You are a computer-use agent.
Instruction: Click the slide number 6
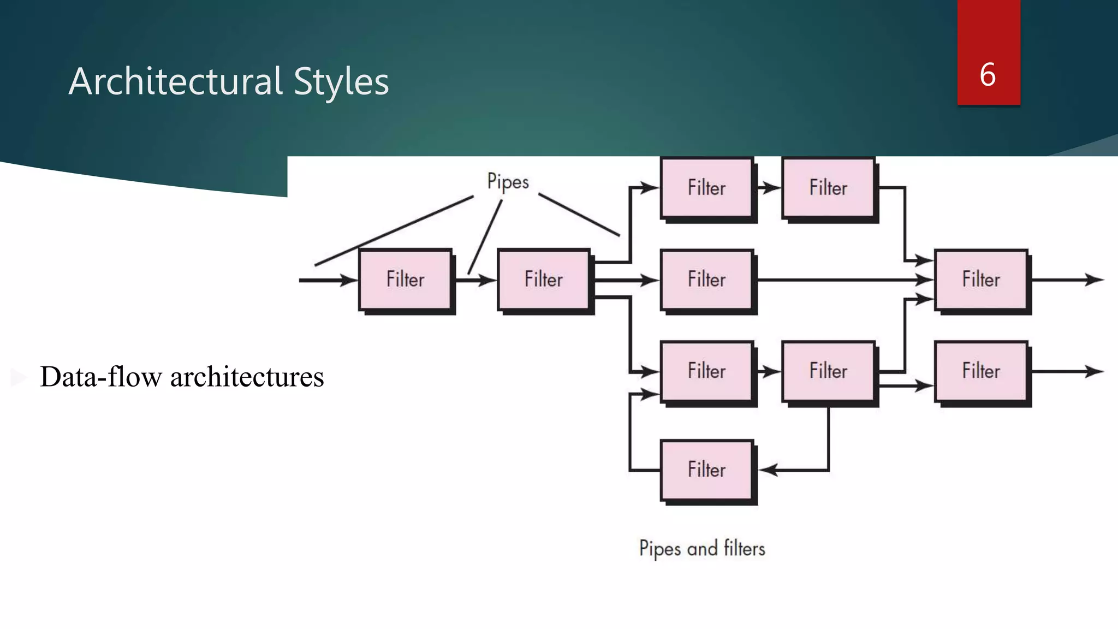coord(988,75)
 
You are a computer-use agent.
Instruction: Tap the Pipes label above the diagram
coord(508,181)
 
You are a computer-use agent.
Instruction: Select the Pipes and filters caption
coord(702,548)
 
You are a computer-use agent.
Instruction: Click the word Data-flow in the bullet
coord(101,377)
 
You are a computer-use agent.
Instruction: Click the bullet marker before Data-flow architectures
coord(18,377)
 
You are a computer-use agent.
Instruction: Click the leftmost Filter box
coord(405,280)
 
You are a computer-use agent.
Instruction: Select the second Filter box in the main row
coord(544,280)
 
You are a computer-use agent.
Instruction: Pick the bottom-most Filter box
coord(707,470)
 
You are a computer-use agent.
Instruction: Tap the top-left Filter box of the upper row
coord(707,188)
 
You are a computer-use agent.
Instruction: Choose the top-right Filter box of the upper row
coord(828,188)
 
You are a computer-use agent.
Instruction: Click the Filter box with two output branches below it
coord(828,371)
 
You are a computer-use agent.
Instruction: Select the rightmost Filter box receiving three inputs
coord(981,280)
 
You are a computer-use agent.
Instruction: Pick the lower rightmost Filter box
coord(981,371)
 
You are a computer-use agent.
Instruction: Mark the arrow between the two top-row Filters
coord(769,188)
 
